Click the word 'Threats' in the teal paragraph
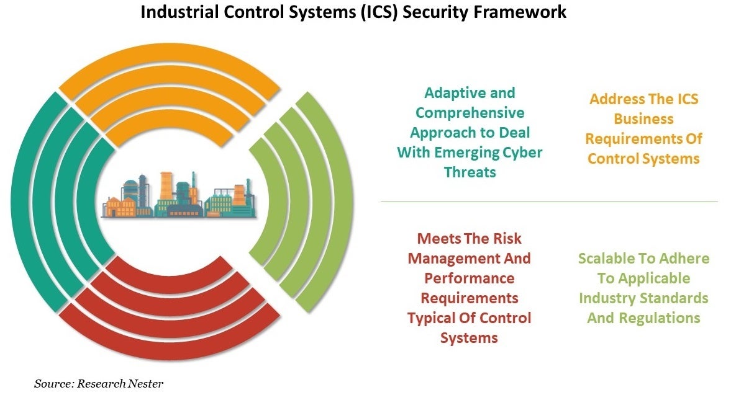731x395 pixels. tap(470, 172)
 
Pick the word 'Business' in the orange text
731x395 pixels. tap(643, 118)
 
